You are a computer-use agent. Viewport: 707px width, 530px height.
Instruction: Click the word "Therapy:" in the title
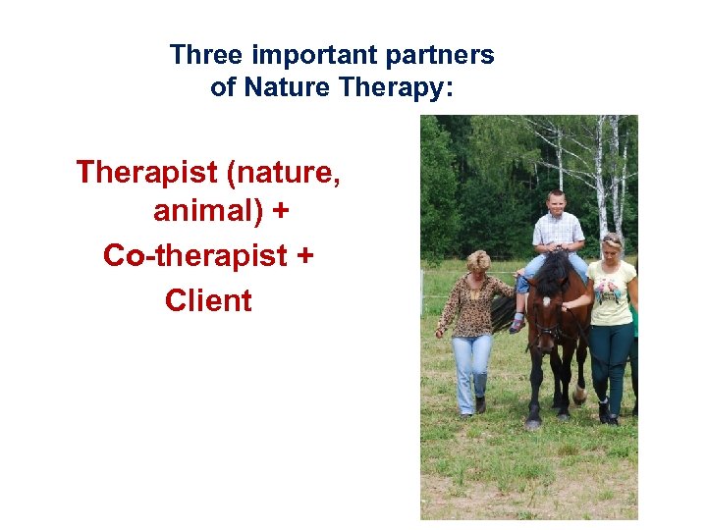tap(395, 88)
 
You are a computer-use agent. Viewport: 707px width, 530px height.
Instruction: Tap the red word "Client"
tap(208, 299)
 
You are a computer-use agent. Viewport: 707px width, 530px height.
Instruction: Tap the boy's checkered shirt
tap(557, 235)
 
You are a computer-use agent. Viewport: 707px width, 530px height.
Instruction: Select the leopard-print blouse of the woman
tap(474, 304)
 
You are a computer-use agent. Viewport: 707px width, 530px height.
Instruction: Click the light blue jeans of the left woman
tap(471, 368)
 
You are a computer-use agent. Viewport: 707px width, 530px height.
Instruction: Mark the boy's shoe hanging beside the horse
tap(517, 324)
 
